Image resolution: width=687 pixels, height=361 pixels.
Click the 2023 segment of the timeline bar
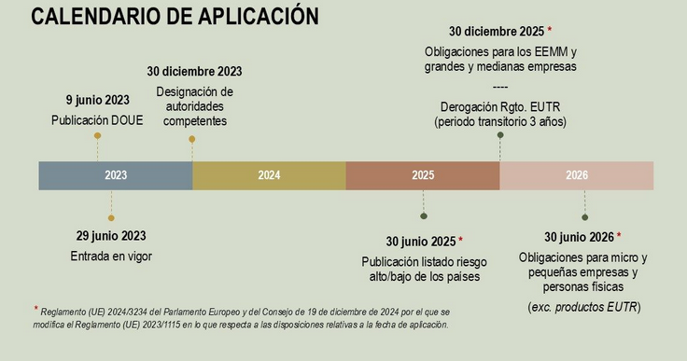point(116,175)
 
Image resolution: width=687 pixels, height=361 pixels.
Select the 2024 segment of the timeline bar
point(269,175)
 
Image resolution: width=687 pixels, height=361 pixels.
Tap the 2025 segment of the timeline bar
point(423,175)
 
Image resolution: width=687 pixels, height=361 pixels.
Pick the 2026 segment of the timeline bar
point(577,175)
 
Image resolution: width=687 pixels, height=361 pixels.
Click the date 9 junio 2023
point(96,101)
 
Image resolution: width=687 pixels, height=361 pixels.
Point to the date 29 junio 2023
point(110,236)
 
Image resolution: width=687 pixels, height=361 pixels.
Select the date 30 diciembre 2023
point(194,72)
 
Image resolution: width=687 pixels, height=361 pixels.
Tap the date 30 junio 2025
point(420,241)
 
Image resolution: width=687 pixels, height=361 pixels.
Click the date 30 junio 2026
point(579,237)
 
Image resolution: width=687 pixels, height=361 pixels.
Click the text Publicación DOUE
point(97,119)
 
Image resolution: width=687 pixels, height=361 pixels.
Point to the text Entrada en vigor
point(110,256)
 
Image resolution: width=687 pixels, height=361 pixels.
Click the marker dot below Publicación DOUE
point(97,136)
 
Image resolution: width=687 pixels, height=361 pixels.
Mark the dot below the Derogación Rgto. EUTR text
point(500,135)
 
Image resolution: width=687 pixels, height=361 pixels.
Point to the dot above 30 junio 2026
point(584,218)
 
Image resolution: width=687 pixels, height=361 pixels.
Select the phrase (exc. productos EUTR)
point(583,307)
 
